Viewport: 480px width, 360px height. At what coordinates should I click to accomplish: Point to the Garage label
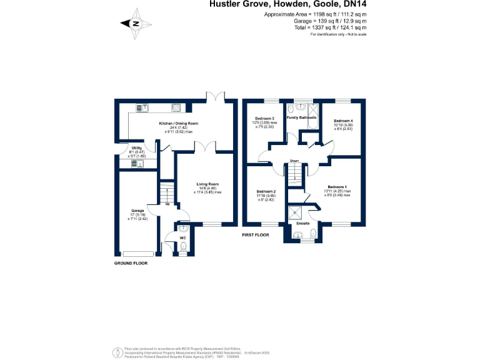click(137, 211)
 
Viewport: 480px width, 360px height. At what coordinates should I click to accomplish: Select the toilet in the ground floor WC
click(182, 249)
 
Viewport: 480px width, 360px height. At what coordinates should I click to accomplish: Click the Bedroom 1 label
click(337, 187)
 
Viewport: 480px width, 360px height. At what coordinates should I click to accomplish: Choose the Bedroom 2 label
click(266, 191)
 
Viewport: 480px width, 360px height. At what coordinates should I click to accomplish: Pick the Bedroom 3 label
click(264, 118)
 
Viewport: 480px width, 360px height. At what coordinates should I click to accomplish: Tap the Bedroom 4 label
click(342, 121)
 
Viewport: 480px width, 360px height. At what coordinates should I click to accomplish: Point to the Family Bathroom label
click(301, 117)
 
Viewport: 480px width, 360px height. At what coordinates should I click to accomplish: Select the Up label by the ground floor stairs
click(167, 204)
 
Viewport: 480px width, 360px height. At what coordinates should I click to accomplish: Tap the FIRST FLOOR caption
click(255, 235)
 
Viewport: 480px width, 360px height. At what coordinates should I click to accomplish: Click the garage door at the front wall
click(138, 253)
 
